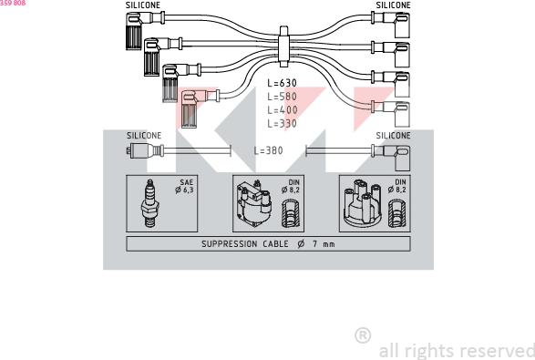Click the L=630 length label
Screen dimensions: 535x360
pos(282,83)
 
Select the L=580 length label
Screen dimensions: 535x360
pos(282,96)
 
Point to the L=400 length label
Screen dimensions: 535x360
pos(282,109)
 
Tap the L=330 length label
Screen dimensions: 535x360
pos(282,123)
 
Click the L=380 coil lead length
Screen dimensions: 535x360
pos(269,150)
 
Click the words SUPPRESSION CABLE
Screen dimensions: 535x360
pos(242,244)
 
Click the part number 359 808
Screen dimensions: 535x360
pos(13,4)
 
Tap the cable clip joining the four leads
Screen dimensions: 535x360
pos(283,45)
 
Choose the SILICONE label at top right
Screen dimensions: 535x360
pos(393,5)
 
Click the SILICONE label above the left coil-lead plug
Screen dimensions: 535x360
pos(144,136)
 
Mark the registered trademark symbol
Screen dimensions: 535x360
pos(362,335)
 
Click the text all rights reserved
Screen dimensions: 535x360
pos(456,350)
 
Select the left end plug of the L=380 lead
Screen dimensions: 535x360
pos(139,150)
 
